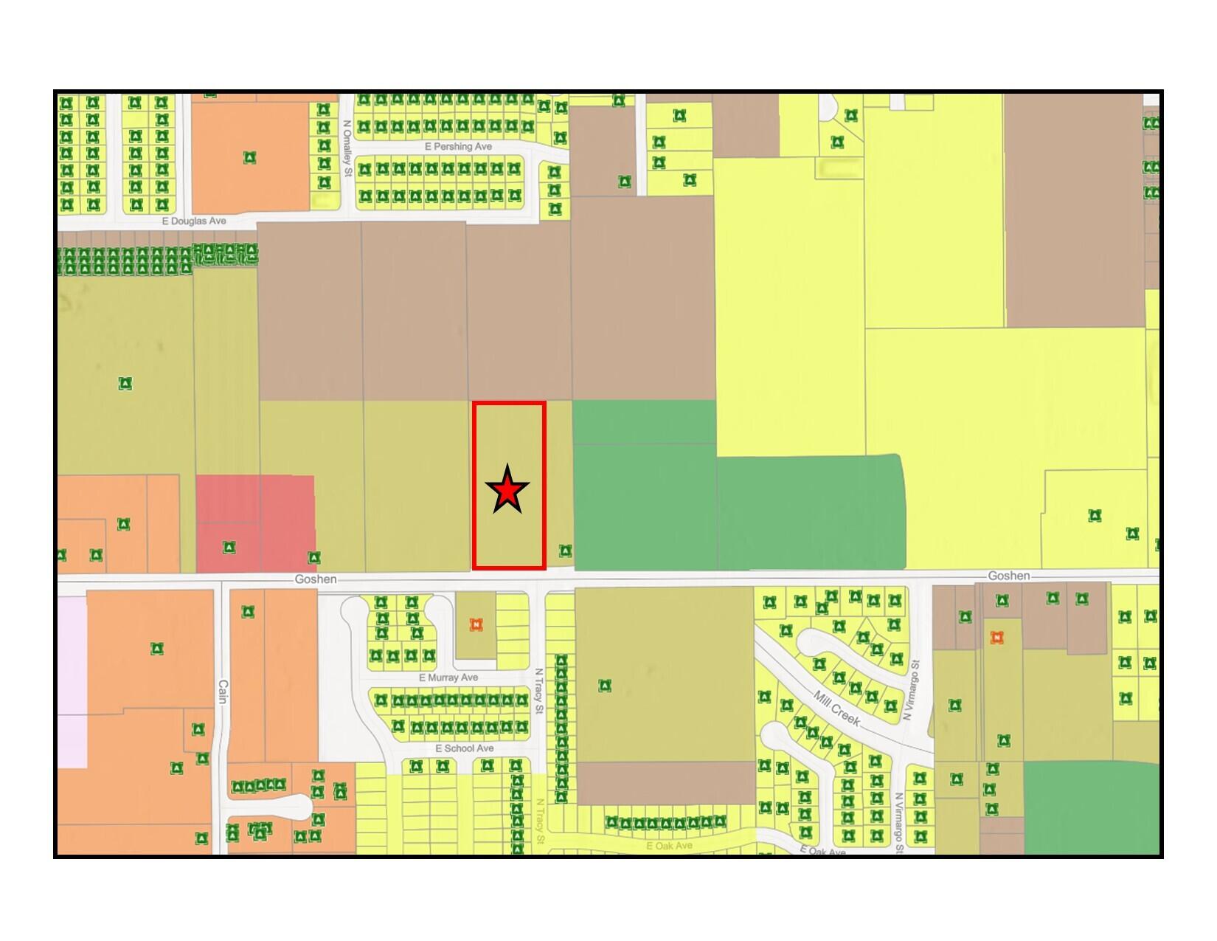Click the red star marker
tap(507, 491)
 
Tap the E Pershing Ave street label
tap(458, 147)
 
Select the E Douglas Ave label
tap(194, 221)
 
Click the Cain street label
tap(222, 692)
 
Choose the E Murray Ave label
tap(448, 678)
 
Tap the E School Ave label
tap(465, 748)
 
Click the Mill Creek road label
tap(838, 708)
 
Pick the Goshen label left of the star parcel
tap(316, 579)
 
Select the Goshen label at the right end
tap(1009, 576)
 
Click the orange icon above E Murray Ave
tap(476, 624)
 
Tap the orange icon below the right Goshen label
tap(997, 637)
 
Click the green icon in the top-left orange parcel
tap(250, 157)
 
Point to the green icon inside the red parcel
tap(229, 548)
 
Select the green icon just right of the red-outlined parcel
tap(565, 551)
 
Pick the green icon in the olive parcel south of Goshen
tap(605, 686)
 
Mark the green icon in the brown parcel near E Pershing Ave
tap(625, 181)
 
